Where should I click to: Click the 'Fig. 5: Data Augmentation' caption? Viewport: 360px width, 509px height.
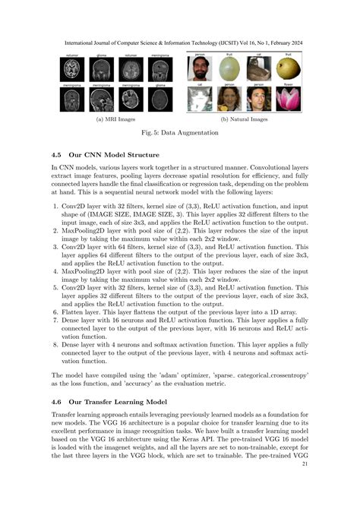[179, 134]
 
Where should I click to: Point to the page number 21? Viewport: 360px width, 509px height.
[305, 464]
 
